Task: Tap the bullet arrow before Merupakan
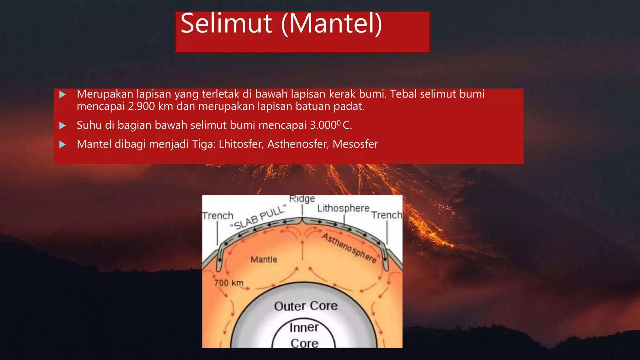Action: point(62,94)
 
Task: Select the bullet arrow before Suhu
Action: point(62,126)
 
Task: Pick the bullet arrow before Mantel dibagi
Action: point(62,144)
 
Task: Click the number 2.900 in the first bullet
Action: point(141,107)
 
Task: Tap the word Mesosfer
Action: point(355,144)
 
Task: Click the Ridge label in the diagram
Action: point(302,199)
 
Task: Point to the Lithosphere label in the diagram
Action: point(343,208)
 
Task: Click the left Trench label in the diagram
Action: point(218,216)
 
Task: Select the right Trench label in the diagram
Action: point(387,215)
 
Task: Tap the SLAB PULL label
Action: point(258,217)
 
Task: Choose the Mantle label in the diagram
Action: point(264,259)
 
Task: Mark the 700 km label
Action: point(229,283)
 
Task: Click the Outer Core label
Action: point(306,306)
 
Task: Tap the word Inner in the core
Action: point(304,327)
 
